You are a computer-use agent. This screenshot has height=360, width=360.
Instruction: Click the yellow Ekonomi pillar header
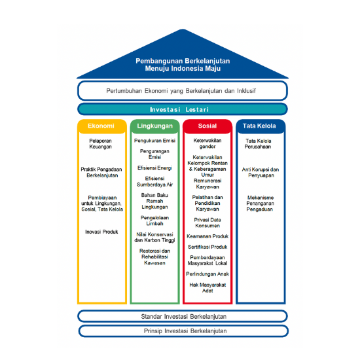pyautogui.click(x=102, y=126)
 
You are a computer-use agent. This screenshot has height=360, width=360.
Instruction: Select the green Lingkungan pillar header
pyautogui.click(x=154, y=126)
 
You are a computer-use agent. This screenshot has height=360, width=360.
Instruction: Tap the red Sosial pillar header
pyautogui.click(x=207, y=126)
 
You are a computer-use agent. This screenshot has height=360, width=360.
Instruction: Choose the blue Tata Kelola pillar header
pyautogui.click(x=261, y=126)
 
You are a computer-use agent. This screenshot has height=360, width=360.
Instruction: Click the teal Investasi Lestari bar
pyautogui.click(x=183, y=109)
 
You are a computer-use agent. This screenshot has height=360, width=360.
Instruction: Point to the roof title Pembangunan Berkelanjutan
pyautogui.click(x=183, y=61)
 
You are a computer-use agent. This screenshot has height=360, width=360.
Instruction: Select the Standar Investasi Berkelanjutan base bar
pyautogui.click(x=183, y=316)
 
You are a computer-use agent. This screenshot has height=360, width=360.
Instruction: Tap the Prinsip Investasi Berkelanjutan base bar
pyautogui.click(x=183, y=331)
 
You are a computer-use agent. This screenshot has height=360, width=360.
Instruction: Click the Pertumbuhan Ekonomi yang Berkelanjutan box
pyautogui.click(x=183, y=91)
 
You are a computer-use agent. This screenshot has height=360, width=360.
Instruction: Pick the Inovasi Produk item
pyautogui.click(x=101, y=232)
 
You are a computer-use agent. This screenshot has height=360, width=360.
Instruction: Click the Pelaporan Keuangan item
pyautogui.click(x=101, y=144)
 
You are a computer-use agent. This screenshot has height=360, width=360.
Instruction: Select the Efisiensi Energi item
pyautogui.click(x=154, y=168)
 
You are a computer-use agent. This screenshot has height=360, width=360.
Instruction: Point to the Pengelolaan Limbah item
pyautogui.click(x=154, y=221)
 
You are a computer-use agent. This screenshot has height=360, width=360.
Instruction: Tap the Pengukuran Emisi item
pyautogui.click(x=154, y=141)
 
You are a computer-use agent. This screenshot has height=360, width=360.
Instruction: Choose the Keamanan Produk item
pyautogui.click(x=207, y=236)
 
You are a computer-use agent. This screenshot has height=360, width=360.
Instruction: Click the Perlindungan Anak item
pyautogui.click(x=207, y=274)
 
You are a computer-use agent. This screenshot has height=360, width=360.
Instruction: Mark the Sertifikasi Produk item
pyautogui.click(x=207, y=247)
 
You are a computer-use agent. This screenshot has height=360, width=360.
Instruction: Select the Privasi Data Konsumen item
pyautogui.click(x=207, y=223)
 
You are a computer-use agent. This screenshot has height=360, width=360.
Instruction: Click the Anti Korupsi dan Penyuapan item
pyautogui.click(x=261, y=172)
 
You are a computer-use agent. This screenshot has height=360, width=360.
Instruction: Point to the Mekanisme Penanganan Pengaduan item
pyautogui.click(x=260, y=204)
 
